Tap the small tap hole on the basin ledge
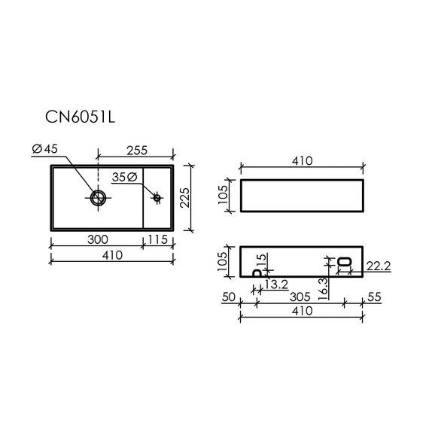[x=157, y=198]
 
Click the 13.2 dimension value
[x=276, y=284]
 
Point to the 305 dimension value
[x=300, y=297]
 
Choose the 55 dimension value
[x=373, y=297]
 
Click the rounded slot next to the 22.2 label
[x=345, y=262]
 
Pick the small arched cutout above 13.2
[x=257, y=275]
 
